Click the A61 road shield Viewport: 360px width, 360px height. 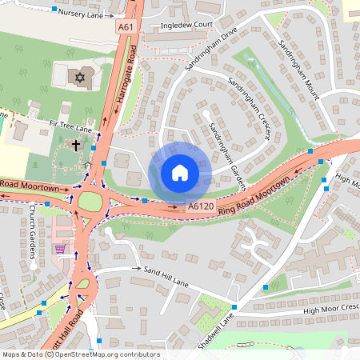[x=125, y=27]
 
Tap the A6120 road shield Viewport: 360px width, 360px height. [x=200, y=206]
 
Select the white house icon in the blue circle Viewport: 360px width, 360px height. [x=180, y=173]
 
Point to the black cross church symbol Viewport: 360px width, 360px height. [x=76, y=146]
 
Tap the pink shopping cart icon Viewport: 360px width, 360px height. [x=60, y=248]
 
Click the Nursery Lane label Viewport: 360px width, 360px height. [x=82, y=14]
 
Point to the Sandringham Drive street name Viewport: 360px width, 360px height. [x=212, y=52]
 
